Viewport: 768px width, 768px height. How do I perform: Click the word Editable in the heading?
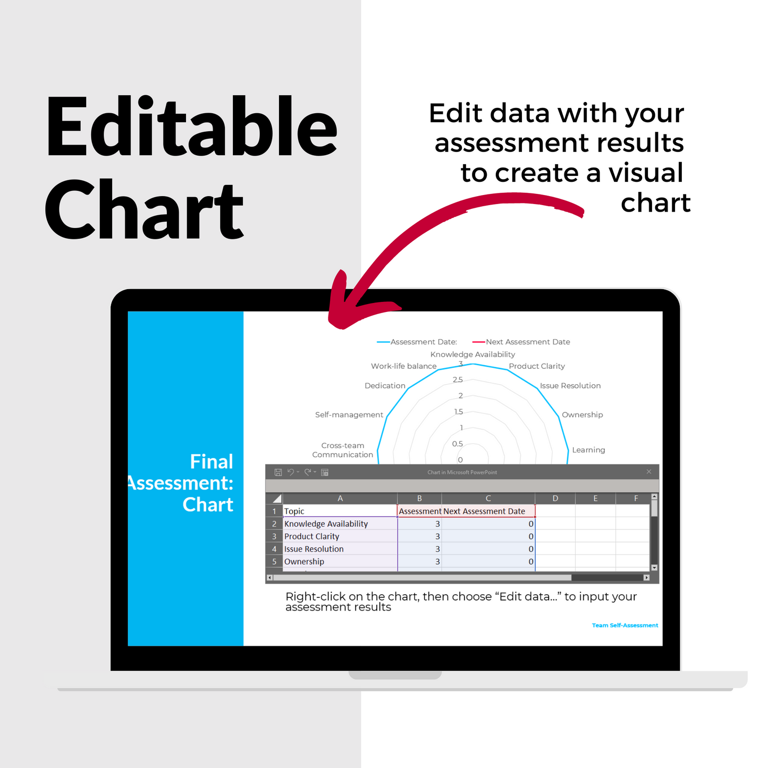pyautogui.click(x=191, y=126)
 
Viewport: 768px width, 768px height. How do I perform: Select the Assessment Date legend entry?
pyautogui.click(x=417, y=342)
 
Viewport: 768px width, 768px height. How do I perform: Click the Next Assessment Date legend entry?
pyautogui.click(x=521, y=342)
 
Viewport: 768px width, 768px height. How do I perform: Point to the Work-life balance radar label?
pyautogui.click(x=404, y=366)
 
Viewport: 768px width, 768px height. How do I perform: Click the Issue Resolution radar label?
pyautogui.click(x=570, y=386)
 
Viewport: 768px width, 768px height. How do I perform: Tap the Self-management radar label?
pyautogui.click(x=349, y=415)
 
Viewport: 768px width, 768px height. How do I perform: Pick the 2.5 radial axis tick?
pyautogui.click(x=458, y=380)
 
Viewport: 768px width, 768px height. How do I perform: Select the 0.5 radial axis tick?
pyautogui.click(x=458, y=444)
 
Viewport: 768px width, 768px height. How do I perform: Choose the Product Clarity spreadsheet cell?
pyautogui.click(x=340, y=536)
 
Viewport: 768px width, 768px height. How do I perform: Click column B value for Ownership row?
pyautogui.click(x=419, y=562)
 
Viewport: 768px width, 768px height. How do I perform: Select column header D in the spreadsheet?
pyautogui.click(x=555, y=499)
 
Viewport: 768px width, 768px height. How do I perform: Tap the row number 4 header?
pyautogui.click(x=274, y=549)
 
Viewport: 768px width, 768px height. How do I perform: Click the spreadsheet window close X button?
pyautogui.click(x=649, y=472)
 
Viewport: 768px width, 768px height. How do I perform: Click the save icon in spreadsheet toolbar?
pyautogui.click(x=278, y=472)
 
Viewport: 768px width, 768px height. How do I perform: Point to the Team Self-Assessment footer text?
pyautogui.click(x=625, y=626)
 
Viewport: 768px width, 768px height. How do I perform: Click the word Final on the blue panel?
pyautogui.click(x=212, y=462)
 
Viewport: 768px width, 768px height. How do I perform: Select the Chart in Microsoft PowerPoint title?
pyautogui.click(x=462, y=472)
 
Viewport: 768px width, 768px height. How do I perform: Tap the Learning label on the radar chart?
pyautogui.click(x=589, y=450)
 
